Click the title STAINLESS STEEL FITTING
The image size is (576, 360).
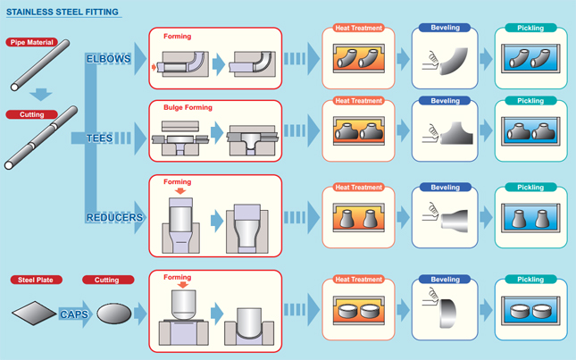click(63, 13)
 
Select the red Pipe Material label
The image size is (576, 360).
click(32, 42)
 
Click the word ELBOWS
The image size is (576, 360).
click(108, 59)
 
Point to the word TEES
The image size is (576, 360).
click(99, 138)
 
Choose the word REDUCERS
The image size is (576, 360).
click(114, 218)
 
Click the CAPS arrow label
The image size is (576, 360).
click(73, 314)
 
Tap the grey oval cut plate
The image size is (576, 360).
click(113, 314)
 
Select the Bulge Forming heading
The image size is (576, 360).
click(188, 108)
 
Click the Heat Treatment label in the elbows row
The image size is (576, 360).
click(358, 29)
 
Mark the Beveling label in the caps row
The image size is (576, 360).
click(445, 280)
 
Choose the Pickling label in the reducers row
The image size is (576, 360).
click(530, 188)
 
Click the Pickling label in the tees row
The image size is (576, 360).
click(530, 101)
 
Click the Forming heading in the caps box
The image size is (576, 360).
click(177, 278)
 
